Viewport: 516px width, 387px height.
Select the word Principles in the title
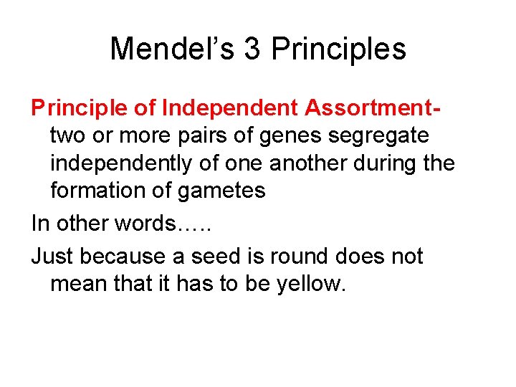point(338,49)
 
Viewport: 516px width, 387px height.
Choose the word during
point(388,163)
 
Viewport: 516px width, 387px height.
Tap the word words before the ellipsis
point(143,224)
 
